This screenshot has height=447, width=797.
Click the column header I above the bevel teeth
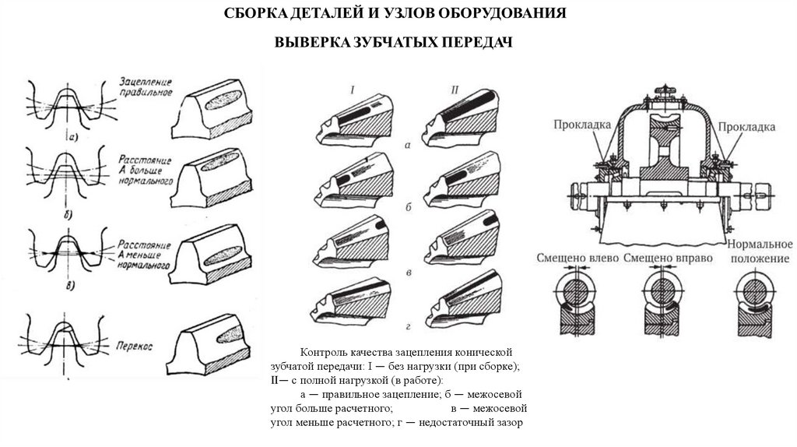[353, 91]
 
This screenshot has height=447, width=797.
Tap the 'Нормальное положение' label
[760, 251]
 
